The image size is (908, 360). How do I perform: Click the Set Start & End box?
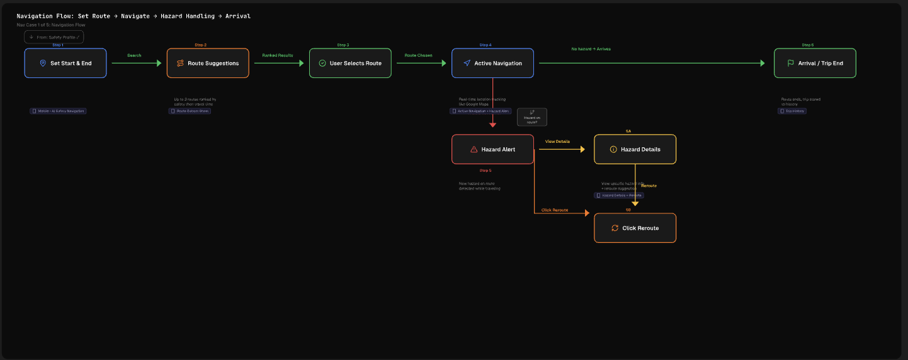[x=65, y=64]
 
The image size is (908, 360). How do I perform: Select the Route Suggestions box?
[x=208, y=64]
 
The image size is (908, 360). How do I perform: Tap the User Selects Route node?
[x=350, y=64]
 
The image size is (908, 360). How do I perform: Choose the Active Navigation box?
[x=492, y=64]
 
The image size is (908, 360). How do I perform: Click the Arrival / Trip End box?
[x=815, y=64]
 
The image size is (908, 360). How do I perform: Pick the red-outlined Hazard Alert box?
[x=492, y=149]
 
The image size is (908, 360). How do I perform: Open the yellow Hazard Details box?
[x=635, y=149]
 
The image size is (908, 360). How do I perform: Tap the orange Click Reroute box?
[x=635, y=228]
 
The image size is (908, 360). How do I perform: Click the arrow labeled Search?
[x=134, y=55]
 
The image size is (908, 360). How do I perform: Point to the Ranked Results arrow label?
[x=278, y=55]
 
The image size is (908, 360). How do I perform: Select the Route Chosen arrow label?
[x=418, y=55]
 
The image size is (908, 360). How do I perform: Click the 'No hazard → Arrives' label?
[x=591, y=48]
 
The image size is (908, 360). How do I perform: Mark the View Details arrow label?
[x=557, y=142]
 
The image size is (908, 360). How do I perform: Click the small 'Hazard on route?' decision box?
[x=532, y=117]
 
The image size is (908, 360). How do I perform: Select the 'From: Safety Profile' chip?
[x=54, y=37]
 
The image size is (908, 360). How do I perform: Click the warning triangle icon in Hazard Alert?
[x=474, y=150]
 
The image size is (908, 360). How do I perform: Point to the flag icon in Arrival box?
[x=790, y=64]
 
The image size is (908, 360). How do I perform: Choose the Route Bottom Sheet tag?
[x=190, y=111]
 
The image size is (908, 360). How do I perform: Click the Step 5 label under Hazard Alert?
[x=485, y=171]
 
